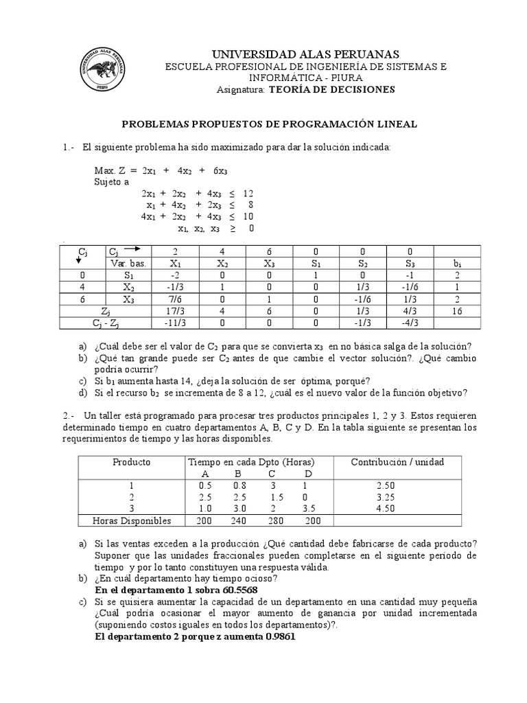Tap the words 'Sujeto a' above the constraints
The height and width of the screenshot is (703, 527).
[111, 183]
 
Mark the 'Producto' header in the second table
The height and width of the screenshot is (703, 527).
[132, 462]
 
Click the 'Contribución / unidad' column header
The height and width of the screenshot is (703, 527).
[397, 462]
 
